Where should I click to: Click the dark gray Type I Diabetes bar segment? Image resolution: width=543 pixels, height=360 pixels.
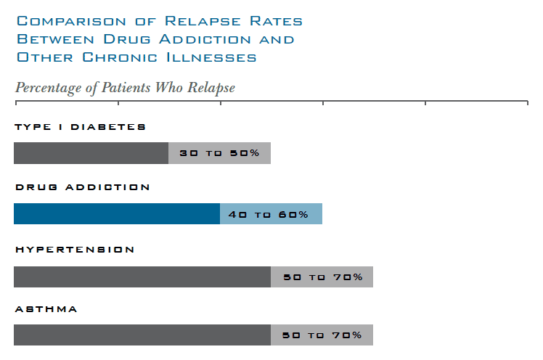91,153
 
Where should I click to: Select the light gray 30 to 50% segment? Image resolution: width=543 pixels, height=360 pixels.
219,153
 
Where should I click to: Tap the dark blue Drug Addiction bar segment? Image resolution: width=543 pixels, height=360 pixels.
116,214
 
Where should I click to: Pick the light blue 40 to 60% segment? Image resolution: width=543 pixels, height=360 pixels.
271,214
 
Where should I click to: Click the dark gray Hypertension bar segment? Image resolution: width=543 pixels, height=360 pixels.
142,277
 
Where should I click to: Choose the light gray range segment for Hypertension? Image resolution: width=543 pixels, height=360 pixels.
322,277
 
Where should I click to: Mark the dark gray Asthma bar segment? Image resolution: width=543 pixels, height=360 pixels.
142,335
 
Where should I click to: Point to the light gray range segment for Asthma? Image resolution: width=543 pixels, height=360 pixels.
322,335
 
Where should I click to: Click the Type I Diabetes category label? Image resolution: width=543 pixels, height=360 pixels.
80,127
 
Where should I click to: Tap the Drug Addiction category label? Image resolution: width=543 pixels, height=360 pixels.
83,187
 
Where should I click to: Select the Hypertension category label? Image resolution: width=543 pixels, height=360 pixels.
75,250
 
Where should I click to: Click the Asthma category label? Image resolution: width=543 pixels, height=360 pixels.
46,309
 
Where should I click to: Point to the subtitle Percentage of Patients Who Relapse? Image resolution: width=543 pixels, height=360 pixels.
125,88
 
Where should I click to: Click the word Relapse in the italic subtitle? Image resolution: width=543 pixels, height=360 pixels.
211,88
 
